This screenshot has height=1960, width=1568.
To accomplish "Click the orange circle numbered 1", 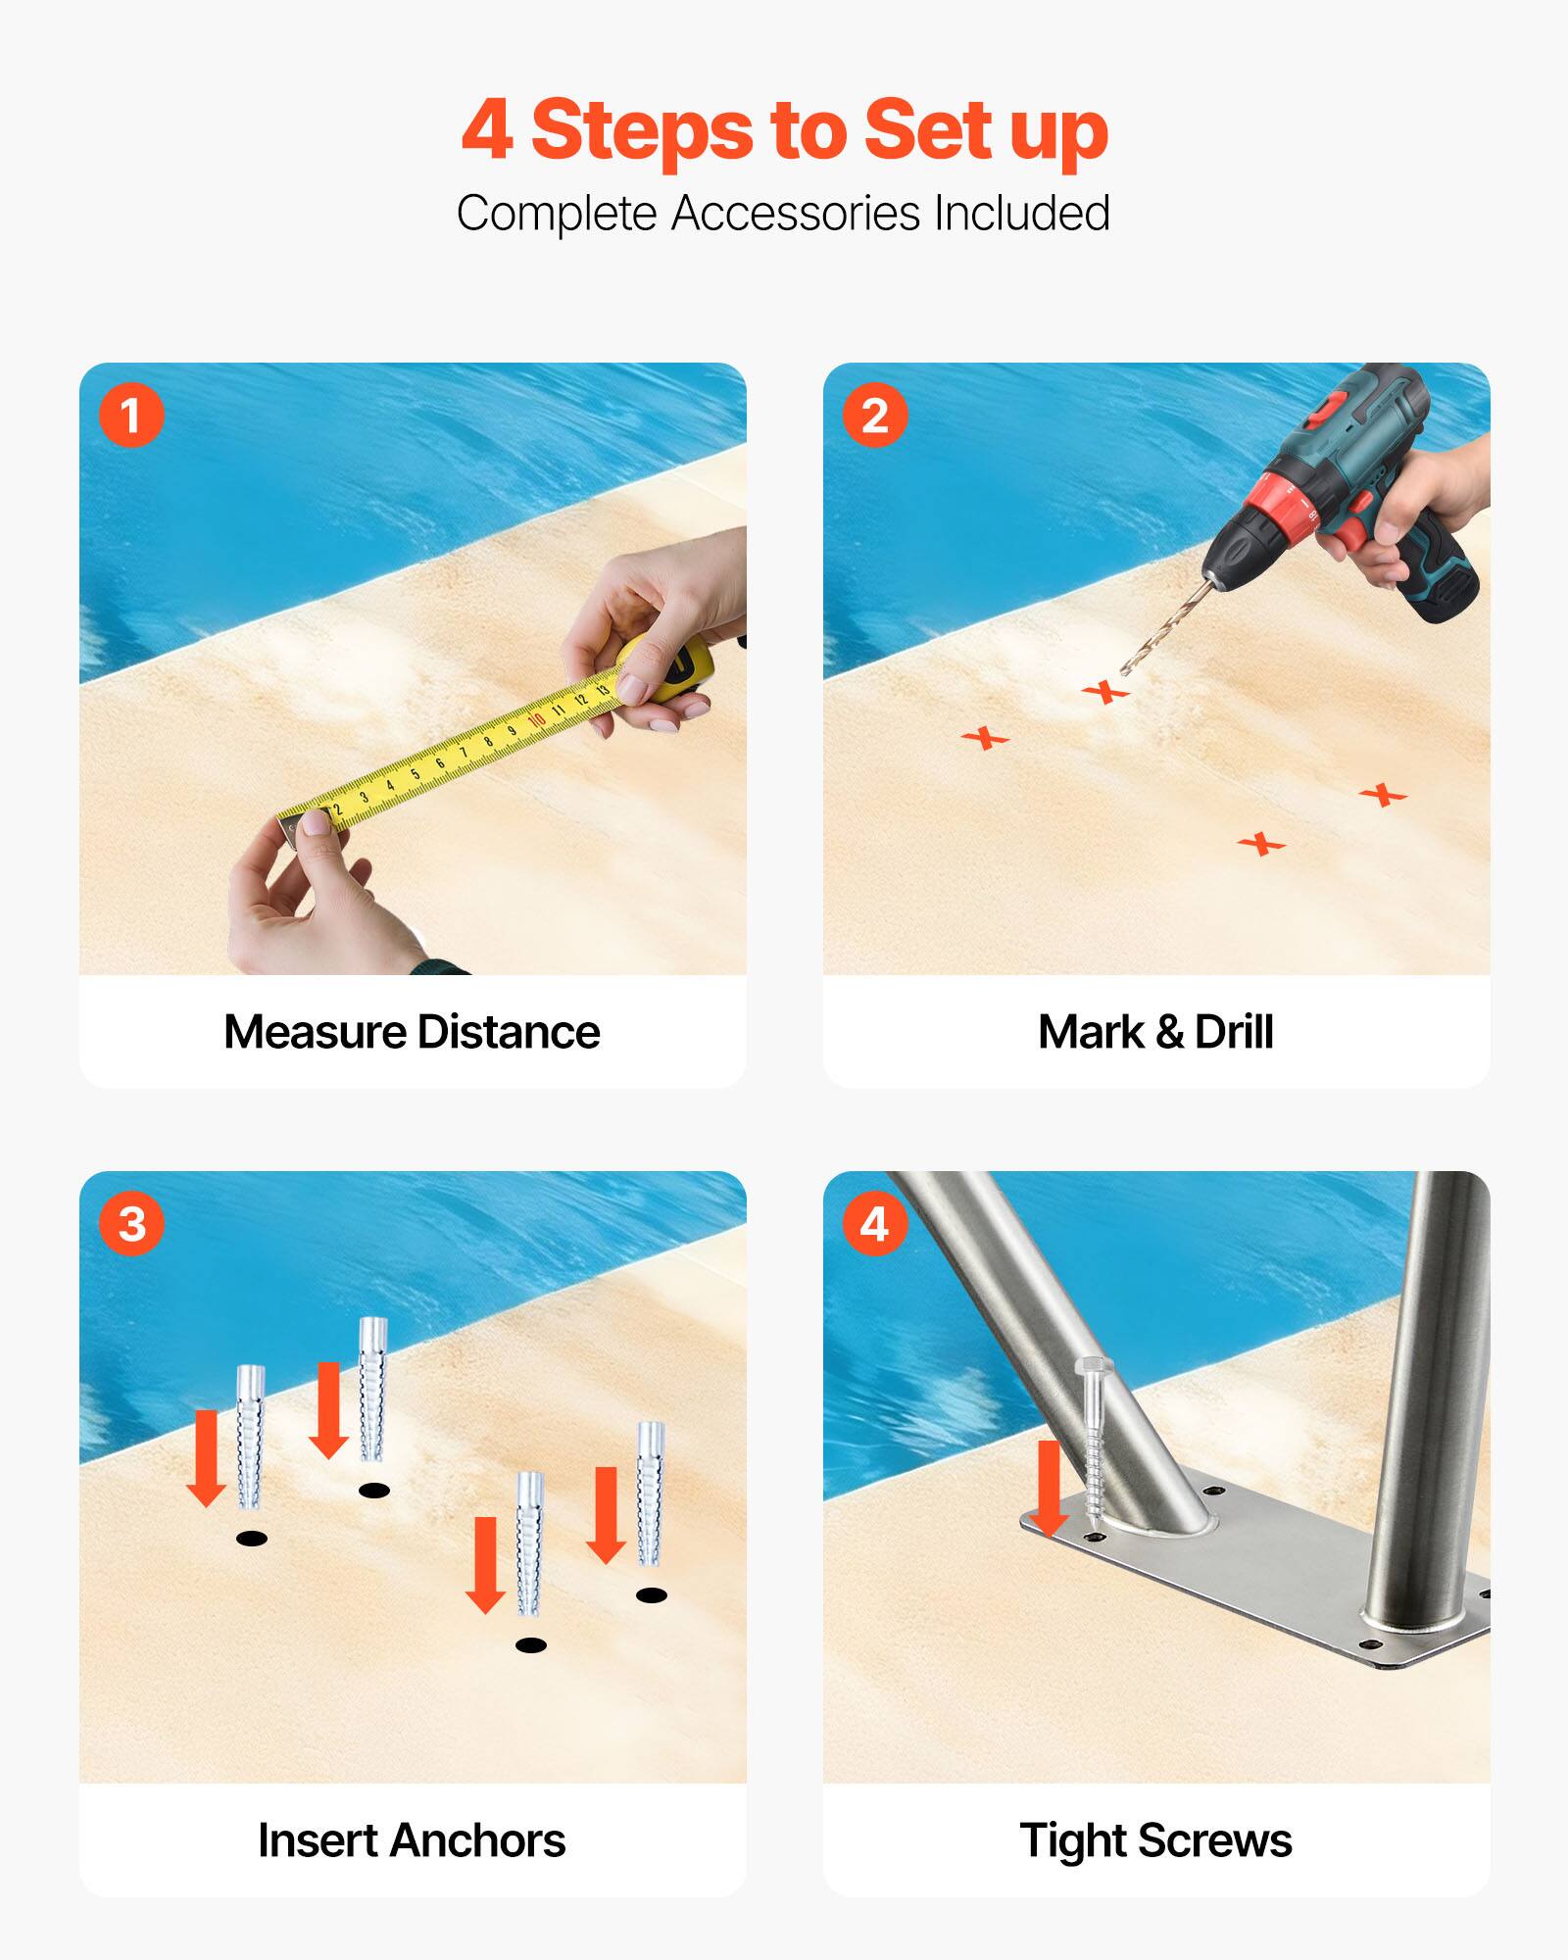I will [x=131, y=416].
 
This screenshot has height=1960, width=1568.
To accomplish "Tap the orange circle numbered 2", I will [x=875, y=416].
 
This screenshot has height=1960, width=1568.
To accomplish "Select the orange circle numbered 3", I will [x=131, y=1223].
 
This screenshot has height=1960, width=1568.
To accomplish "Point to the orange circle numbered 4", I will [x=875, y=1223].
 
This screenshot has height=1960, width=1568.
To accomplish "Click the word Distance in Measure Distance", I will [x=508, y=1032].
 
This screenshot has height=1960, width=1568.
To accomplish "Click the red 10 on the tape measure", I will [x=536, y=720].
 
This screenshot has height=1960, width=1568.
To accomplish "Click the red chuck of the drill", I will [x=1274, y=510].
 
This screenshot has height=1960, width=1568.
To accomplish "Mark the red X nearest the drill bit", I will [x=1105, y=692].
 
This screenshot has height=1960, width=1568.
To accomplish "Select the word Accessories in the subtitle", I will [x=794, y=214].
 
